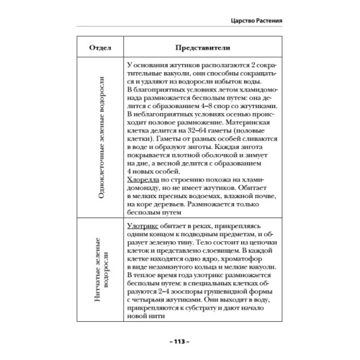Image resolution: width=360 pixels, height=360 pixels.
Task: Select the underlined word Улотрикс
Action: pyautogui.click(x=140, y=226)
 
